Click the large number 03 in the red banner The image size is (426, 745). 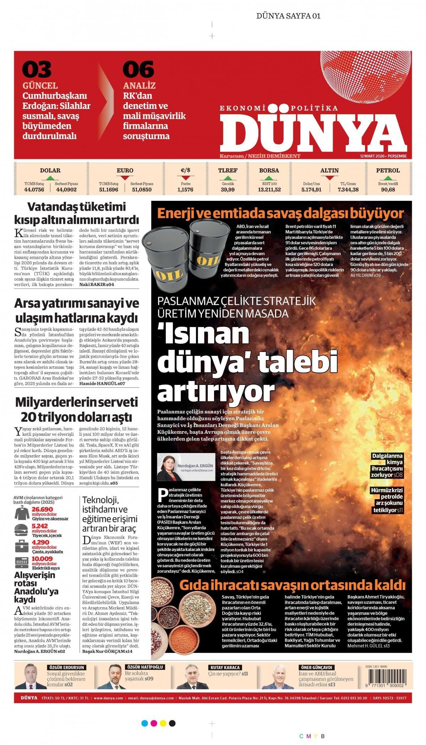tap(37, 70)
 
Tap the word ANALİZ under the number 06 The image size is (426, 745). tap(139, 85)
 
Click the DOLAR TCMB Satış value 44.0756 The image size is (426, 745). tap(34, 189)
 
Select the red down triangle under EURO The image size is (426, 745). tap(125, 178)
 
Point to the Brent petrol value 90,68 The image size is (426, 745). tap(388, 189)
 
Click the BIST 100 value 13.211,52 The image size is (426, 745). tap(269, 189)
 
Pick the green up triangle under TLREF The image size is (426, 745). tap(228, 178)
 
